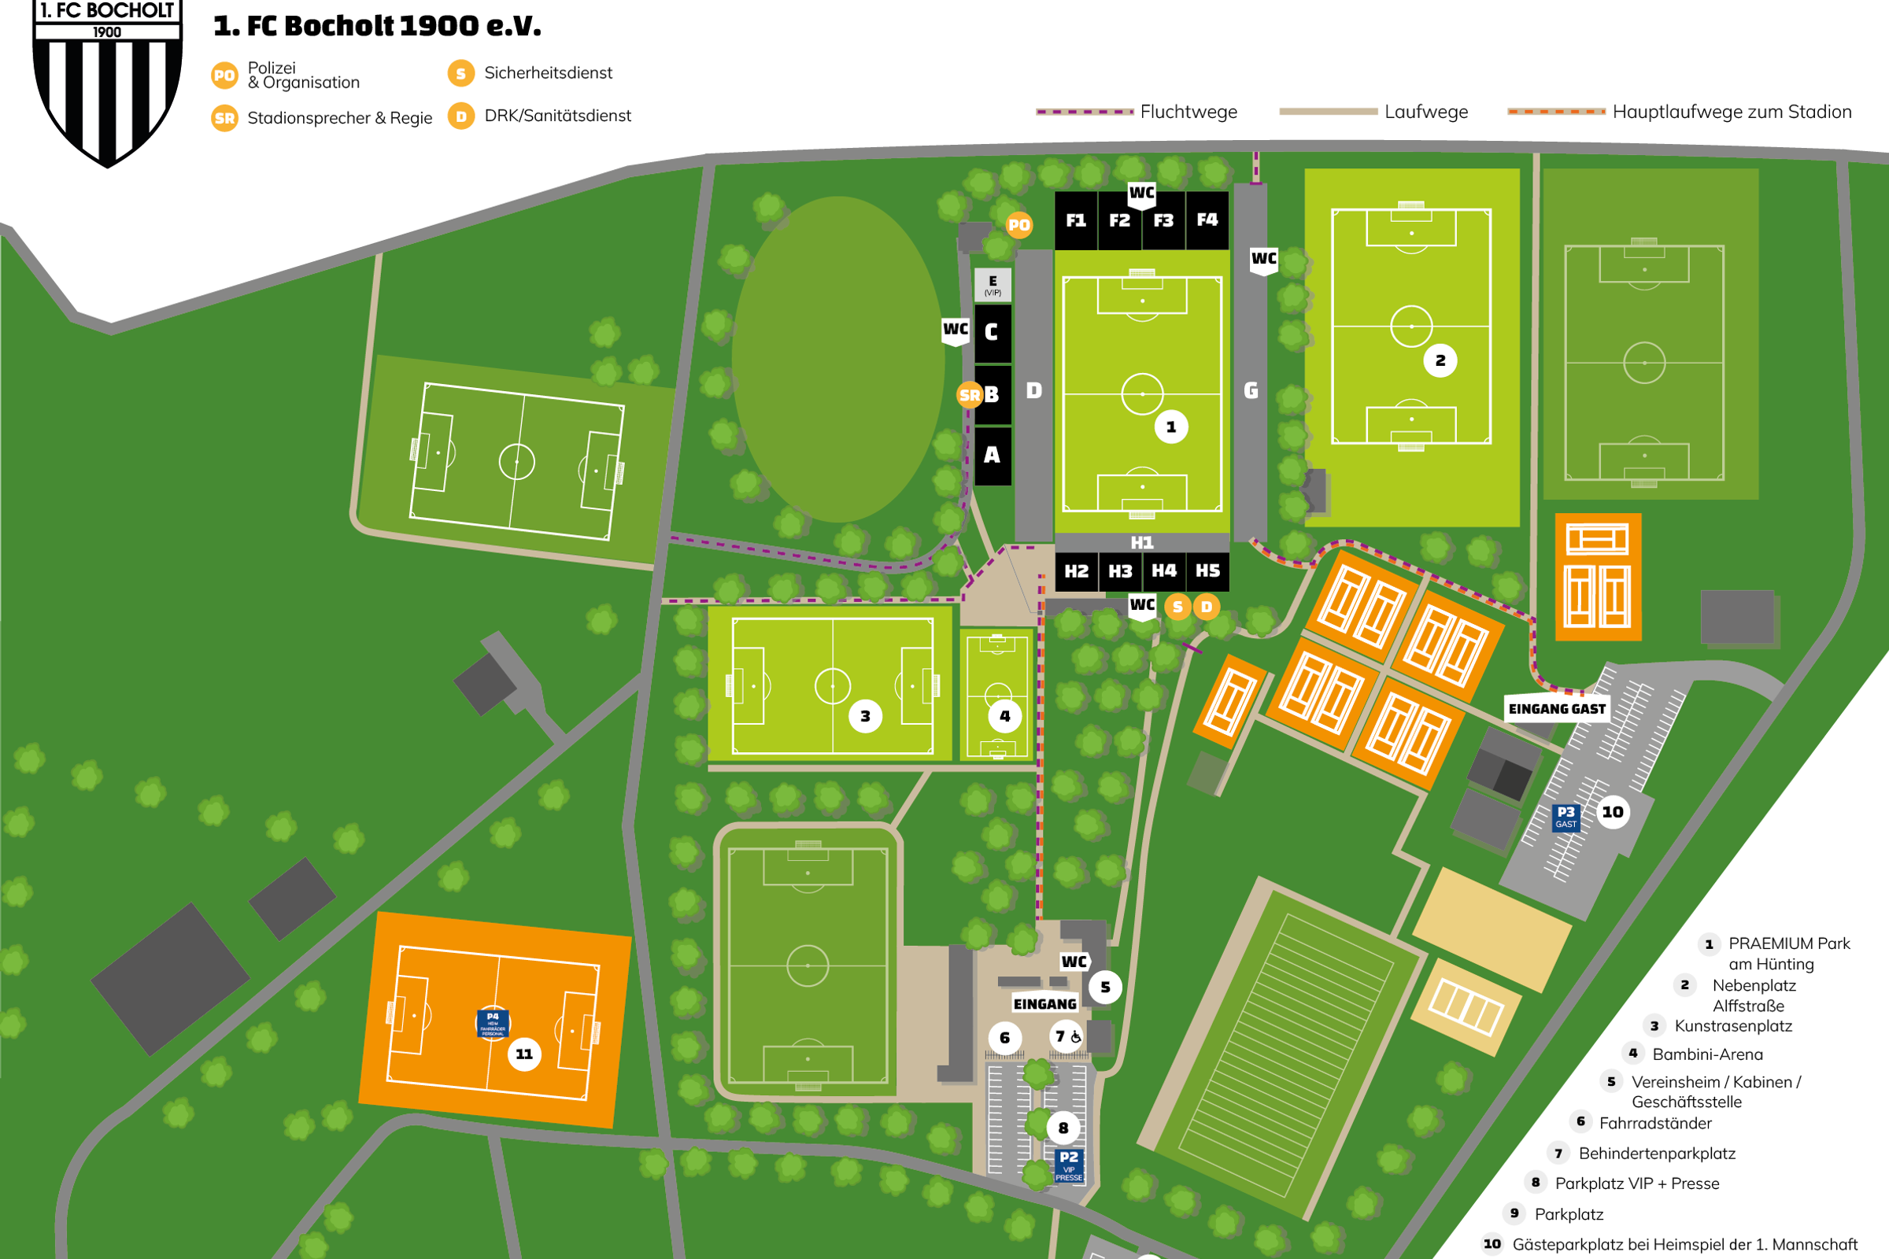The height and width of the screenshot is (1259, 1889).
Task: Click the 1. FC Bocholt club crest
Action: pos(108,80)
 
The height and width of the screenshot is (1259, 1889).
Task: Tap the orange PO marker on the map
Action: pos(1018,226)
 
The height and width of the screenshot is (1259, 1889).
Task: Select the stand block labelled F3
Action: pos(1163,221)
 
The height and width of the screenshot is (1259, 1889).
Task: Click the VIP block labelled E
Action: pos(993,285)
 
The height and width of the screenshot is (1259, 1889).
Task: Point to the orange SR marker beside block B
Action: pos(970,395)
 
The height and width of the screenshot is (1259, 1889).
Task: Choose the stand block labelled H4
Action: pos(1164,571)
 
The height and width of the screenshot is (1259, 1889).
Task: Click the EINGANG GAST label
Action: pos(1557,709)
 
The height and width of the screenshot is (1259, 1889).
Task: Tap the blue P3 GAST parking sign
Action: pos(1566,818)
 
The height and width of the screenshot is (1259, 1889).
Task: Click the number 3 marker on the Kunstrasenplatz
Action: pos(865,716)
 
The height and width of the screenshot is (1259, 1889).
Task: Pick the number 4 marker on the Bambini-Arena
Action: pos(1004,716)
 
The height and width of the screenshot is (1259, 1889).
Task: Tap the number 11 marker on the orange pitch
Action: pos(523,1054)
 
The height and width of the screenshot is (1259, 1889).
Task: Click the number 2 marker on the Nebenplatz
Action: pos(1440,360)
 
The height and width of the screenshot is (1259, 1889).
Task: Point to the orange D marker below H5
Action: pos(1206,607)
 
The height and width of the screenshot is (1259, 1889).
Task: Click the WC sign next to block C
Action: pos(955,330)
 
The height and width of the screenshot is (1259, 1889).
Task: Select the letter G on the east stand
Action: pos(1251,391)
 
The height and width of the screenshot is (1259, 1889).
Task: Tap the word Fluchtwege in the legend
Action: pos(1188,113)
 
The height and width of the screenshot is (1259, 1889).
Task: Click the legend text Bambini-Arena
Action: pos(1707,1054)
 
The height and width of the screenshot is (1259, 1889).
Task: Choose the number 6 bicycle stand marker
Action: pos(1004,1038)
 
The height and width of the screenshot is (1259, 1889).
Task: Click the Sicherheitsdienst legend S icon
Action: pos(460,74)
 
